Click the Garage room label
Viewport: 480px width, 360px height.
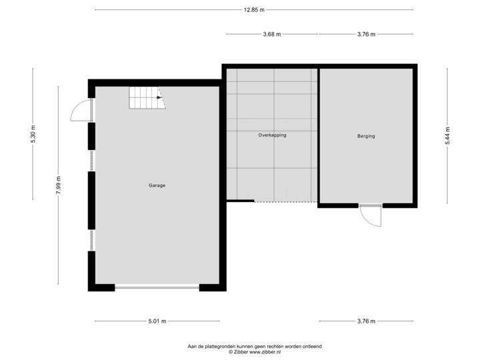(157, 185)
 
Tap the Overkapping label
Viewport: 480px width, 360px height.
(272, 135)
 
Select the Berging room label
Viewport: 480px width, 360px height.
(366, 136)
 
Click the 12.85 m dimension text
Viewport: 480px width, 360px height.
(253, 9)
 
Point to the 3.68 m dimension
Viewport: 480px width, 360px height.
(271, 33)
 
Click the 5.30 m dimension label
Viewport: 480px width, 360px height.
(33, 135)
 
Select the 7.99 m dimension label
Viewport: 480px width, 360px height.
(59, 185)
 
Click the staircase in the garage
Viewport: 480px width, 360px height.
(146, 99)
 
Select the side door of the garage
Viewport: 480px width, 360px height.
(80, 110)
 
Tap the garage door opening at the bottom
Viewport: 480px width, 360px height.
(157, 288)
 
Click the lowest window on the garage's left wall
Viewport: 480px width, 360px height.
(91, 240)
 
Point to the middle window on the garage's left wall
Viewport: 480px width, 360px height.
(91, 161)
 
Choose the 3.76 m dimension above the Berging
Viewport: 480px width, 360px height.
(366, 33)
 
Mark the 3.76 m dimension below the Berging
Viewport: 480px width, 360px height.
(366, 321)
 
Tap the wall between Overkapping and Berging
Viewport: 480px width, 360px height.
(318, 133)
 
